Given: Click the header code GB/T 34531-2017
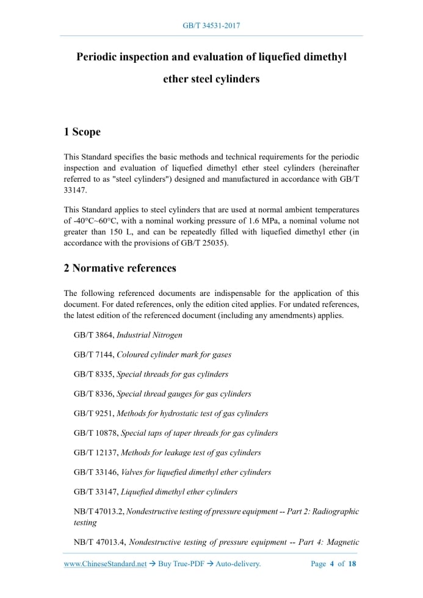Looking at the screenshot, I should pos(211,26).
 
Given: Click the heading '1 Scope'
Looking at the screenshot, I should pos(82,132).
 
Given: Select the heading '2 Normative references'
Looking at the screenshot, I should pos(120,268).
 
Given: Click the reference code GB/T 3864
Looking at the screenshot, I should pos(93,335).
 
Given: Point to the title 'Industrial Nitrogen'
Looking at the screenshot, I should pos(149,335).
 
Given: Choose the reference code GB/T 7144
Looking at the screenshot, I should pos(93,355).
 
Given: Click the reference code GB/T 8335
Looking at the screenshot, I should pos(93,374).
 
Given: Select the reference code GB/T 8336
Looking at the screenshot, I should pos(93,394).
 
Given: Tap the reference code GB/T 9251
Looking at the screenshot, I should pos(93,413).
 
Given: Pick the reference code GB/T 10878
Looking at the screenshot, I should pos(95,433).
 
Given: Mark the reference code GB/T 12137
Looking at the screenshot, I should pos(95,452).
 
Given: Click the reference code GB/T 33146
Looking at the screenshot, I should pos(95,472).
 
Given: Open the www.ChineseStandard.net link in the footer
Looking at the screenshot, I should pos(106,564).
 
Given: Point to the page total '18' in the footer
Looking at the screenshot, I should pos(352,564).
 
